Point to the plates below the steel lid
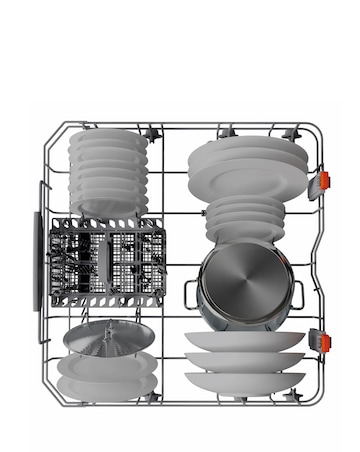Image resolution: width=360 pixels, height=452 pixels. [98, 375]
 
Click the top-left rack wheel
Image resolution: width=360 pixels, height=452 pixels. [153, 133]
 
